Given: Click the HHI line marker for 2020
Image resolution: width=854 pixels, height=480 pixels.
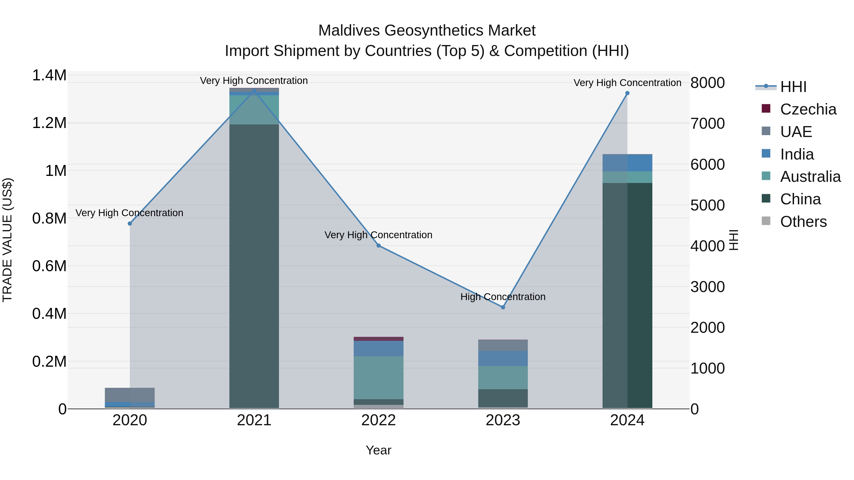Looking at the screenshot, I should (130, 224).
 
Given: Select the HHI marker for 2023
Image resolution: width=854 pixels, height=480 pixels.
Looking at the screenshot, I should (503, 307).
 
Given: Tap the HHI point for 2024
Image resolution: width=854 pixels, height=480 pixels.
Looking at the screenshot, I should (627, 93).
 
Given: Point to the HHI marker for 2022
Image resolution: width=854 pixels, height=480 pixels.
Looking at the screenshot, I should (379, 246).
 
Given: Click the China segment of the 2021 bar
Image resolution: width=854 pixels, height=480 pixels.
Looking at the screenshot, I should (254, 265).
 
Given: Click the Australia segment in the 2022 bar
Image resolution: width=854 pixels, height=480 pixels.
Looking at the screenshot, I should (379, 378).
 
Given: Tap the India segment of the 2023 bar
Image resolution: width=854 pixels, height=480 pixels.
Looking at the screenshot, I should (503, 358).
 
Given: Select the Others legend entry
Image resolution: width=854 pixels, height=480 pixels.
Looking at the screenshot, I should (803, 222).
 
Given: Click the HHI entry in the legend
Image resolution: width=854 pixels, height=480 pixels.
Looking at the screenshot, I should (793, 87).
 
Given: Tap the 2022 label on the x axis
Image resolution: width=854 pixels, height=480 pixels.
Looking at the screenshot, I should (379, 420).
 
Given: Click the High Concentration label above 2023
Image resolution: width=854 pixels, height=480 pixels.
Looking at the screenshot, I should (503, 297).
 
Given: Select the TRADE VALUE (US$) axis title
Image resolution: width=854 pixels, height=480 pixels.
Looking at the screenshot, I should (7, 240).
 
